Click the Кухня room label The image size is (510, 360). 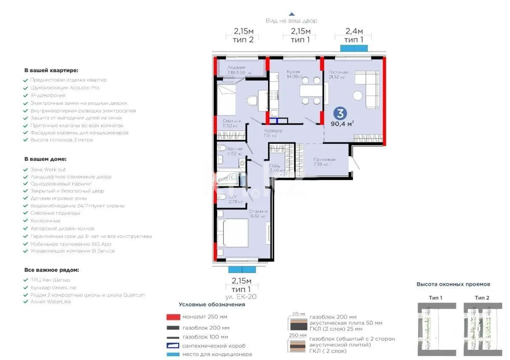[293, 72]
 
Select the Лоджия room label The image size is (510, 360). [235, 68]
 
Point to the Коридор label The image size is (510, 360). [272, 131]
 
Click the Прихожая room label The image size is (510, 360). [325, 160]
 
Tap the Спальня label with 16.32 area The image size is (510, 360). [258, 211]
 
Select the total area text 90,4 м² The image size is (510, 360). [342, 124]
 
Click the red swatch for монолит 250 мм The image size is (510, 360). [173, 317]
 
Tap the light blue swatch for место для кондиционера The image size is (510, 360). [173, 354]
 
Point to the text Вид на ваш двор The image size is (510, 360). [292, 20]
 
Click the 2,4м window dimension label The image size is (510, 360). [354, 31]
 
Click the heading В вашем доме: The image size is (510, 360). [45, 159]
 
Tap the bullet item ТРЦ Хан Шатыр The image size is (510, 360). [50, 280]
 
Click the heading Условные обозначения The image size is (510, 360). [212, 304]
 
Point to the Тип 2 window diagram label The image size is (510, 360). [482, 298]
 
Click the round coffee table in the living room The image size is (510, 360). [357, 95]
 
